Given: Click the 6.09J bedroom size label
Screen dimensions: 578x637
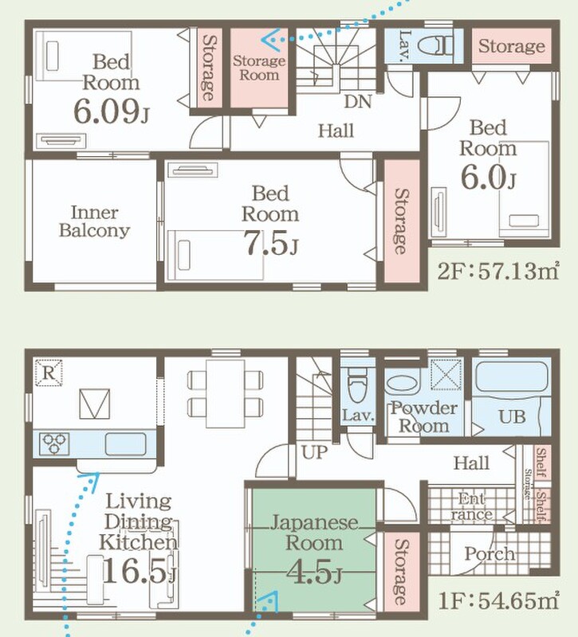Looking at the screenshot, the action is click(111, 111).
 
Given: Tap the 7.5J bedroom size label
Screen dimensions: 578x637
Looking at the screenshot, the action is click(270, 244).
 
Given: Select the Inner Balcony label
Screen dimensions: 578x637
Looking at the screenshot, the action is click(94, 221).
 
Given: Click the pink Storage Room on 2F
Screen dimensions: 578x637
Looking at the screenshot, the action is click(259, 68).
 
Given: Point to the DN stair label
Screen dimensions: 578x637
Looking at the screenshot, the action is click(358, 102).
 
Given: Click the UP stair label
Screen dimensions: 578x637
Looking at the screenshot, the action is click(315, 451).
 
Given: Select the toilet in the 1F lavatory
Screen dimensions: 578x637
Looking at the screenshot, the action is click(357, 385).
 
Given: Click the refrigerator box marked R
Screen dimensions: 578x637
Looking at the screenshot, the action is click(49, 373).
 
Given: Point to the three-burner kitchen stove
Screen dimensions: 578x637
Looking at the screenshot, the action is click(54, 444).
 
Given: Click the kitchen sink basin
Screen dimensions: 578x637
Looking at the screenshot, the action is click(126, 444).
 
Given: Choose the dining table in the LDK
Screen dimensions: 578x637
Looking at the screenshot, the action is click(226, 393).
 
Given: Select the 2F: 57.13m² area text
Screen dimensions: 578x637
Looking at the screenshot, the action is click(498, 272).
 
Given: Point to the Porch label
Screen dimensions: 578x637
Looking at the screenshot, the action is click(490, 554).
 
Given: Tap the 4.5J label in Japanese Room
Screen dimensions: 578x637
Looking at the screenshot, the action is click(314, 573).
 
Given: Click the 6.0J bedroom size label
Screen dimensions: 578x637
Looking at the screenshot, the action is click(488, 178).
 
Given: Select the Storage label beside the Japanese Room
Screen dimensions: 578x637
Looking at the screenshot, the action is click(402, 572).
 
